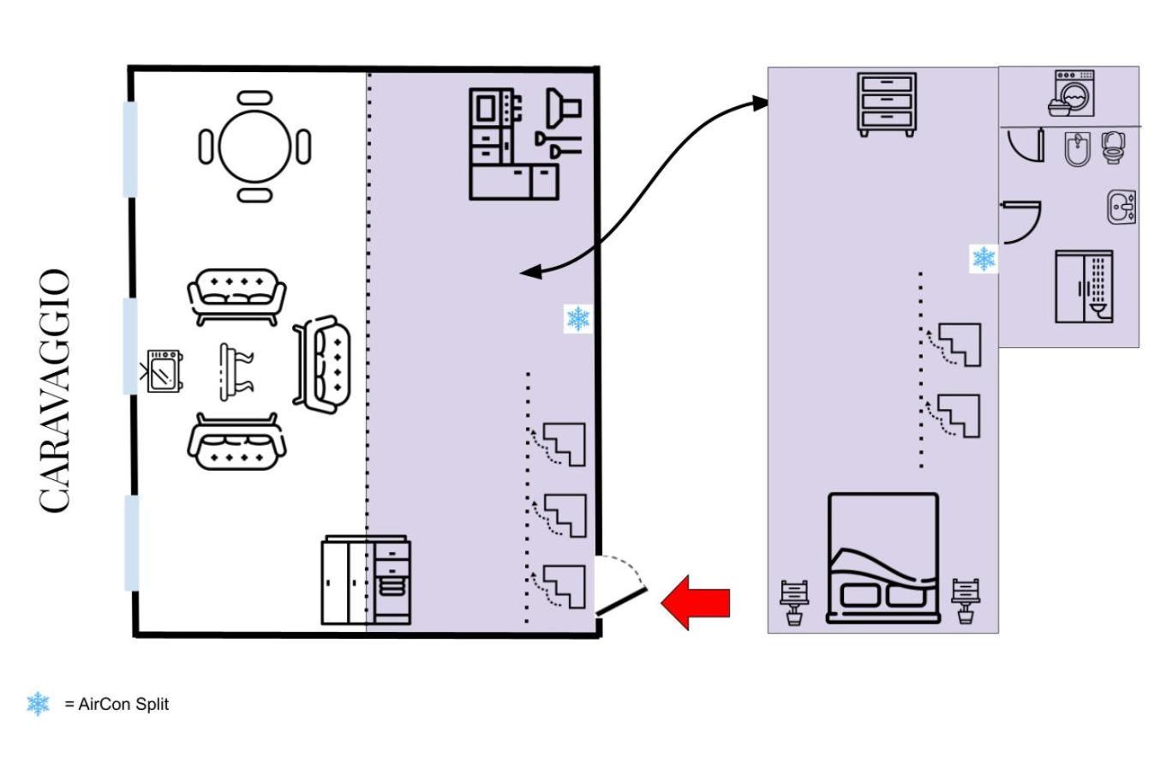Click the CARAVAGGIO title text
pyautogui.click(x=55, y=391)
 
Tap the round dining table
pyautogui.click(x=254, y=147)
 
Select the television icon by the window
pyautogui.click(x=163, y=370)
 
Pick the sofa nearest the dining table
pyautogui.click(x=236, y=296)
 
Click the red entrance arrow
pyautogui.click(x=696, y=602)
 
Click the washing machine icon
pyautogui.click(x=1072, y=93)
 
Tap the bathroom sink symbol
pyautogui.click(x=1121, y=208)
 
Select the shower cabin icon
pyautogui.click(x=1084, y=286)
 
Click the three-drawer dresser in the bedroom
pyautogui.click(x=888, y=104)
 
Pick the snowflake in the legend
pyautogui.click(x=38, y=704)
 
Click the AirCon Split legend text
pyautogui.click(x=117, y=704)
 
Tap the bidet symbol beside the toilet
pyautogui.click(x=1075, y=149)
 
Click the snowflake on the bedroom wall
pyautogui.click(x=984, y=258)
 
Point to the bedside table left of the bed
pyautogui.click(x=794, y=601)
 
